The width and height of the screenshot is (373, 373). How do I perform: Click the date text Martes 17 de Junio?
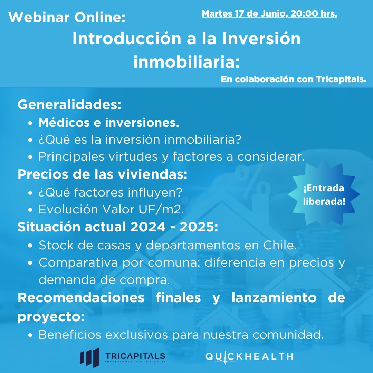coord(243,14)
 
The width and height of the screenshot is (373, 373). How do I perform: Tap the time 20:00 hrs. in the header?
coord(314,13)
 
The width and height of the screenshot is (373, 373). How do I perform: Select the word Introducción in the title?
coord(127,38)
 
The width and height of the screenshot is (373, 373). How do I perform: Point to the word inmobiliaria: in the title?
coord(186,61)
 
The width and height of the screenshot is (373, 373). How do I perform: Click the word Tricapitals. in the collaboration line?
coord(341,79)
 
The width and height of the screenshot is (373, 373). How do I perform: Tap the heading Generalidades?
coord(69,104)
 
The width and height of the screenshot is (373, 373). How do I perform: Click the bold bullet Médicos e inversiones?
coord(109,123)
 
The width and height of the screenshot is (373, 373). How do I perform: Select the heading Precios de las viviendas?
coord(103,174)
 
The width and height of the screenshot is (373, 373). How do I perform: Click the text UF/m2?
coord(161,209)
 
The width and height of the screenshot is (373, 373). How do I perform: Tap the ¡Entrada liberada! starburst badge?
coord(324,194)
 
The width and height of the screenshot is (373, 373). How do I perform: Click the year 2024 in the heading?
coord(148,227)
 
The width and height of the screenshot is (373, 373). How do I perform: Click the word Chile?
coord(280,245)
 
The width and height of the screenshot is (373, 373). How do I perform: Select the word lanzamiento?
coord(274,298)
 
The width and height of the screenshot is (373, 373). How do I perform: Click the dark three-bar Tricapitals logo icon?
coord(90,357)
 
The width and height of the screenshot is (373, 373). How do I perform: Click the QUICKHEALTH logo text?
coord(249,357)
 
